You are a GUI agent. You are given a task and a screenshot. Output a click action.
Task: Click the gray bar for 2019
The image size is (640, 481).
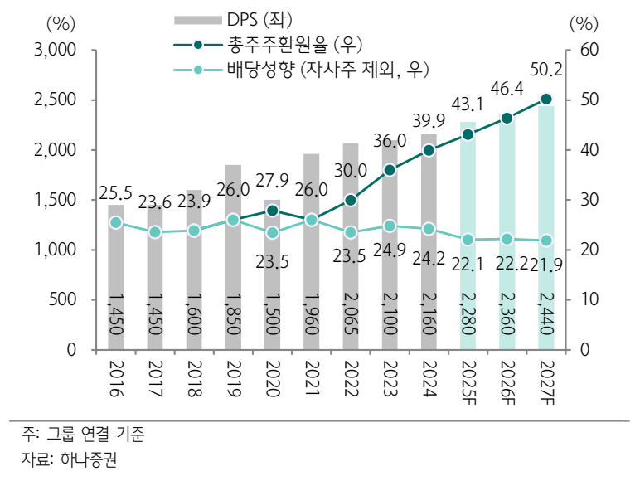(x=233, y=257)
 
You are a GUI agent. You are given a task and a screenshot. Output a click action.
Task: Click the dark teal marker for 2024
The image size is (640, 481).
(x=429, y=151)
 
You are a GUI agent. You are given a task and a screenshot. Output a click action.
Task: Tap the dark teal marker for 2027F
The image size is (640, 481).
(x=546, y=100)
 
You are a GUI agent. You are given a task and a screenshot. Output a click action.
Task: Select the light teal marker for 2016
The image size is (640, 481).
(x=116, y=222)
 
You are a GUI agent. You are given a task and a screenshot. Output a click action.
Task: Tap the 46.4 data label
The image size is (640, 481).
(x=507, y=89)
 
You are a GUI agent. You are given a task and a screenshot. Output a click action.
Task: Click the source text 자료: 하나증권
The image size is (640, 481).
(x=70, y=459)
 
